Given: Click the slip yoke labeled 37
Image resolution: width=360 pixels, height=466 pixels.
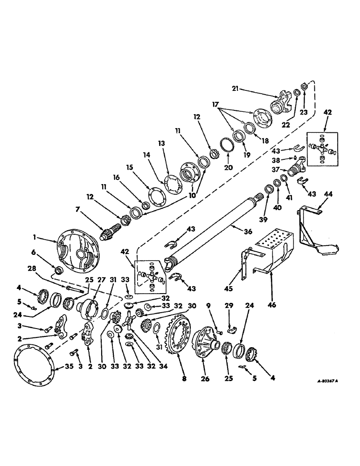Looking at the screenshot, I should tap(298, 168).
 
